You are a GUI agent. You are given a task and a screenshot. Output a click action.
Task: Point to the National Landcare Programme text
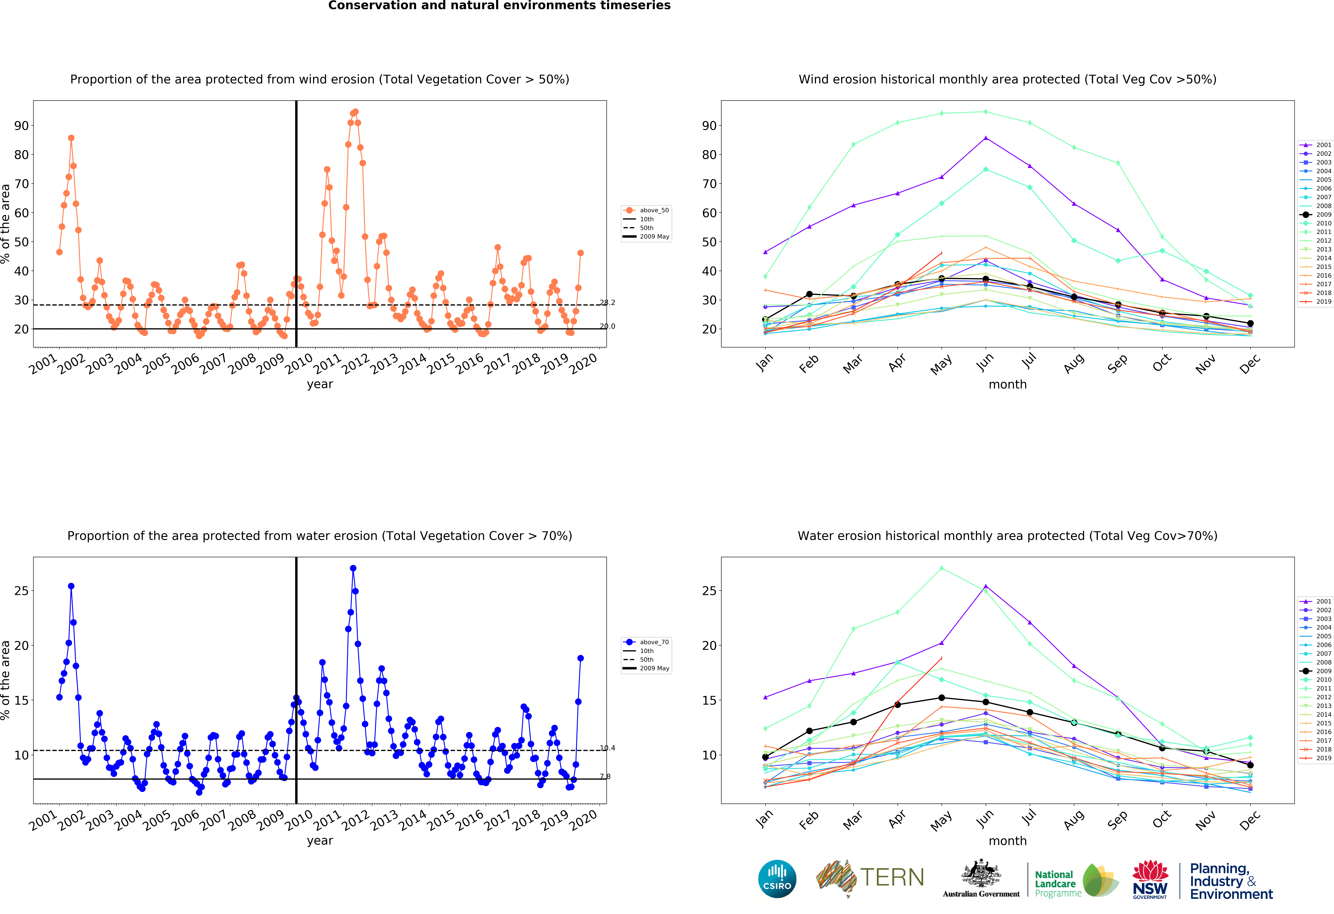click(1055, 884)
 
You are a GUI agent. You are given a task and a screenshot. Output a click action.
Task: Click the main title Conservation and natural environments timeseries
click(499, 6)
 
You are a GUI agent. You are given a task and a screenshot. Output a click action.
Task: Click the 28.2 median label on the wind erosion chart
click(607, 302)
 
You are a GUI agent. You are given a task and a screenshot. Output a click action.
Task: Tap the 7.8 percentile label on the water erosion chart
click(605, 776)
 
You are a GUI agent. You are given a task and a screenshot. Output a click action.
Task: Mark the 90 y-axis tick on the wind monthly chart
click(710, 126)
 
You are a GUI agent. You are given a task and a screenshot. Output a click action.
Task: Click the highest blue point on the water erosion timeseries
click(353, 568)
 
